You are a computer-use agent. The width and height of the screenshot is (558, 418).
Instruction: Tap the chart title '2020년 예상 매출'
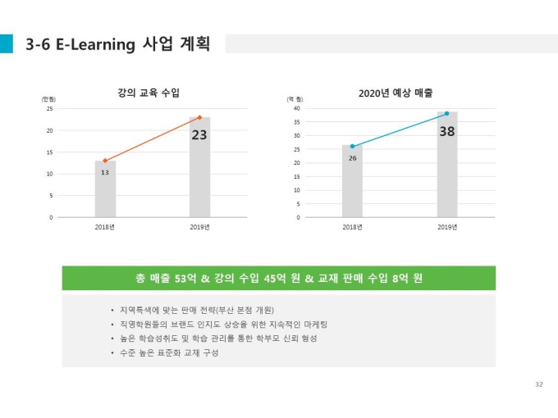[x=396, y=93]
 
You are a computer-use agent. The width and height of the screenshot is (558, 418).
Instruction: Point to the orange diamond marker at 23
[x=199, y=117]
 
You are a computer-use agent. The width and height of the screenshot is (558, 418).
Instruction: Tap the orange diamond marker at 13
[x=105, y=161]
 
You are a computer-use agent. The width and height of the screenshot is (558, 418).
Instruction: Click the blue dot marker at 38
[x=446, y=113]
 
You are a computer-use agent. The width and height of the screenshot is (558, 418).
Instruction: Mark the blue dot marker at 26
[x=352, y=146]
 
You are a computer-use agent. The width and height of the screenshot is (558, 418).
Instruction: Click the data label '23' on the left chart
[x=199, y=135]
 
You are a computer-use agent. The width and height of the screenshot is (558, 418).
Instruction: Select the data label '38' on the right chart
[x=447, y=130]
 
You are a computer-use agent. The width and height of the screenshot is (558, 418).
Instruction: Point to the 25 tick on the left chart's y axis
[x=49, y=108]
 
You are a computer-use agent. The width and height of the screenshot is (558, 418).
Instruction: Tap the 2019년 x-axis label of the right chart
[x=446, y=227]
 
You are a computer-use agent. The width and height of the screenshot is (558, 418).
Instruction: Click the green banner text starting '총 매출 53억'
[x=279, y=278]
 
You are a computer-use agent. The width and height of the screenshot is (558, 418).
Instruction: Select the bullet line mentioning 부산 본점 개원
[x=195, y=310]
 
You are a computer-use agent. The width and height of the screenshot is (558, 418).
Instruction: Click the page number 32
[x=538, y=384]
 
